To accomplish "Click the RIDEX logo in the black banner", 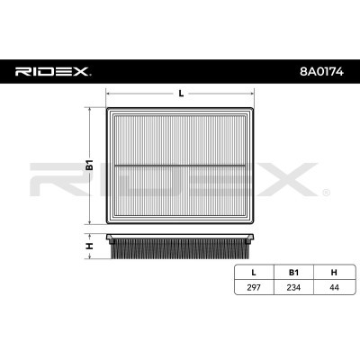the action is pyautogui.click(x=53, y=72).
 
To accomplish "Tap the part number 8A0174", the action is pyautogui.click(x=321, y=72).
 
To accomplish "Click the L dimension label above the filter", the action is pyautogui.click(x=181, y=94).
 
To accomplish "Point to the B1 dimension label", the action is pyautogui.click(x=90, y=166).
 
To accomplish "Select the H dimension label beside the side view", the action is pyautogui.click(x=90, y=247).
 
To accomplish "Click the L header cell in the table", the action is pyautogui.click(x=254, y=273).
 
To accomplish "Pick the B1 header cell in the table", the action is pyautogui.click(x=293, y=273).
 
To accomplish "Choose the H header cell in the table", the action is pyautogui.click(x=334, y=273).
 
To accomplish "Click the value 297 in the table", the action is pyautogui.click(x=254, y=287).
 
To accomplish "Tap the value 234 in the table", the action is pyautogui.click(x=293, y=287).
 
